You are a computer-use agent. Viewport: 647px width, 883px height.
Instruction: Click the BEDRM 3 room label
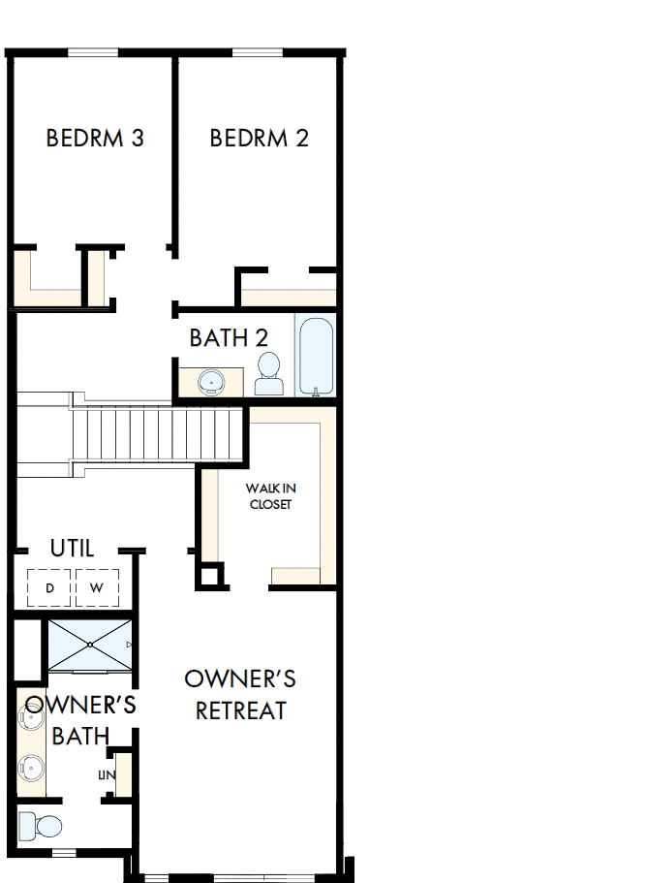(x=95, y=138)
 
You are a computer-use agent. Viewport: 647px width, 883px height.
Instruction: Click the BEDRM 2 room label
(x=259, y=138)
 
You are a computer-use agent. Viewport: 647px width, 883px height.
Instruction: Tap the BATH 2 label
(x=229, y=338)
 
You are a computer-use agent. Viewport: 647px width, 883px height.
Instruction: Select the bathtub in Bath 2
(x=316, y=355)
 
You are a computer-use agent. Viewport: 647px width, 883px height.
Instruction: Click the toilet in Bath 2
(x=269, y=374)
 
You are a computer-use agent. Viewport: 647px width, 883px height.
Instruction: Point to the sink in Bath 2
(x=211, y=382)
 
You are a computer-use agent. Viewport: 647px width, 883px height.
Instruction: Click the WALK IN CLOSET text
(x=270, y=497)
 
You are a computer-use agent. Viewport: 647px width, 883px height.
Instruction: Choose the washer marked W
(x=97, y=587)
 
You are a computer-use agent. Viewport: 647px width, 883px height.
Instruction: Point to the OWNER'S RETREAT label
(x=240, y=693)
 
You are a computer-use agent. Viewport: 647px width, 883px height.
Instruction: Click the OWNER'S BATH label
(x=80, y=720)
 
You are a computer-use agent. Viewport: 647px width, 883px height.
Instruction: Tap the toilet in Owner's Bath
(x=40, y=826)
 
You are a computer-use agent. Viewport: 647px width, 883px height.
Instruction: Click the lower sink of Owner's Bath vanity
(x=31, y=769)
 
